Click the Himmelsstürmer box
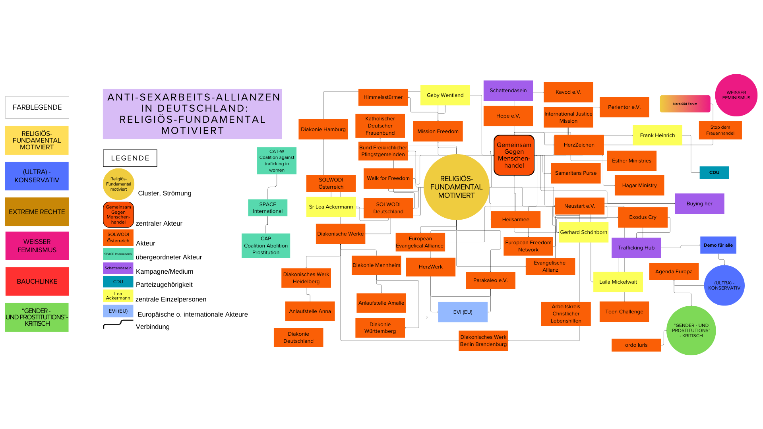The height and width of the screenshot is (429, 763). pos(383,97)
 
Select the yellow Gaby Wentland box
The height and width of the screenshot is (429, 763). pos(445,95)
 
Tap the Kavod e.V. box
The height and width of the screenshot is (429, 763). pos(568,92)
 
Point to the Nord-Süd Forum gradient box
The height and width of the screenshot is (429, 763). pos(685,104)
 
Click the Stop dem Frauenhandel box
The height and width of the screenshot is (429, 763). pos(720,130)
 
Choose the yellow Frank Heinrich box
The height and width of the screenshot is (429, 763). pos(657,135)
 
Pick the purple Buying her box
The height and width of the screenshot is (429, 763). pos(699,204)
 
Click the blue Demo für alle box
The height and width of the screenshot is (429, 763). pos(718,245)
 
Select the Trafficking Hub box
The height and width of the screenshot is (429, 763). pos(636,248)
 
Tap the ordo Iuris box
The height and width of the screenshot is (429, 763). pos(636,345)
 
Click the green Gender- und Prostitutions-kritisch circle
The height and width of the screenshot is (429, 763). pos(691,330)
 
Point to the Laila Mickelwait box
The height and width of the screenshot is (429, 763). pos(618,282)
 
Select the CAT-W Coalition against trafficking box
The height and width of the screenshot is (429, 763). pos(277,161)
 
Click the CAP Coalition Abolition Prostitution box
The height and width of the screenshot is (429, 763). pos(266,246)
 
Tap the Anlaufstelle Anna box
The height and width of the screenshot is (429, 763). pos(310,311)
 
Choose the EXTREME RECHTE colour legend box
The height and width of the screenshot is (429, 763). pos(37,212)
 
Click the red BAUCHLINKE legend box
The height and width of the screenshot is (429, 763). pos(37,282)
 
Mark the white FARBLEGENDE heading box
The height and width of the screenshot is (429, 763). pos(37,107)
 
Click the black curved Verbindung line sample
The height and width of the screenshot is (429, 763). pos(118,324)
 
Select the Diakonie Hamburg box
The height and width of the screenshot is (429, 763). pos(323,129)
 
